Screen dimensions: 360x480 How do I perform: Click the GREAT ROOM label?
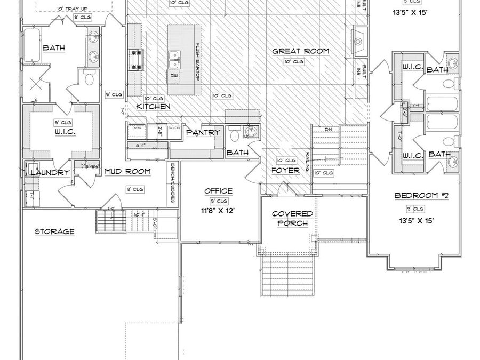(300, 51)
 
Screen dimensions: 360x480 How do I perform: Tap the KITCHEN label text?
(153, 107)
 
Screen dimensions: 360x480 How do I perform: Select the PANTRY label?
(203, 132)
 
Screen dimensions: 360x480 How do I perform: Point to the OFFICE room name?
(218, 191)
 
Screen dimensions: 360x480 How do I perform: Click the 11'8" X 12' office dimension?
(218, 211)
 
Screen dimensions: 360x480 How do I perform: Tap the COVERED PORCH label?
(292, 218)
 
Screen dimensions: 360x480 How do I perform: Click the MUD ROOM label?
(127, 171)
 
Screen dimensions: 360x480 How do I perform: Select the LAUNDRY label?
(50, 172)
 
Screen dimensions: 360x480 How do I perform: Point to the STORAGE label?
(54, 231)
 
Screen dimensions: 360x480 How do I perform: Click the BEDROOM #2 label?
(421, 196)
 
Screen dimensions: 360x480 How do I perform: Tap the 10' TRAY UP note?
(73, 9)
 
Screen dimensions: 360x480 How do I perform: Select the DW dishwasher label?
(174, 76)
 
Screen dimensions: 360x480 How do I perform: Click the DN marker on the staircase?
(329, 130)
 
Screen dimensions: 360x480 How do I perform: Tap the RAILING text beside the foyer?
(308, 160)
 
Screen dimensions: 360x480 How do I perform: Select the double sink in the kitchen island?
(174, 59)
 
